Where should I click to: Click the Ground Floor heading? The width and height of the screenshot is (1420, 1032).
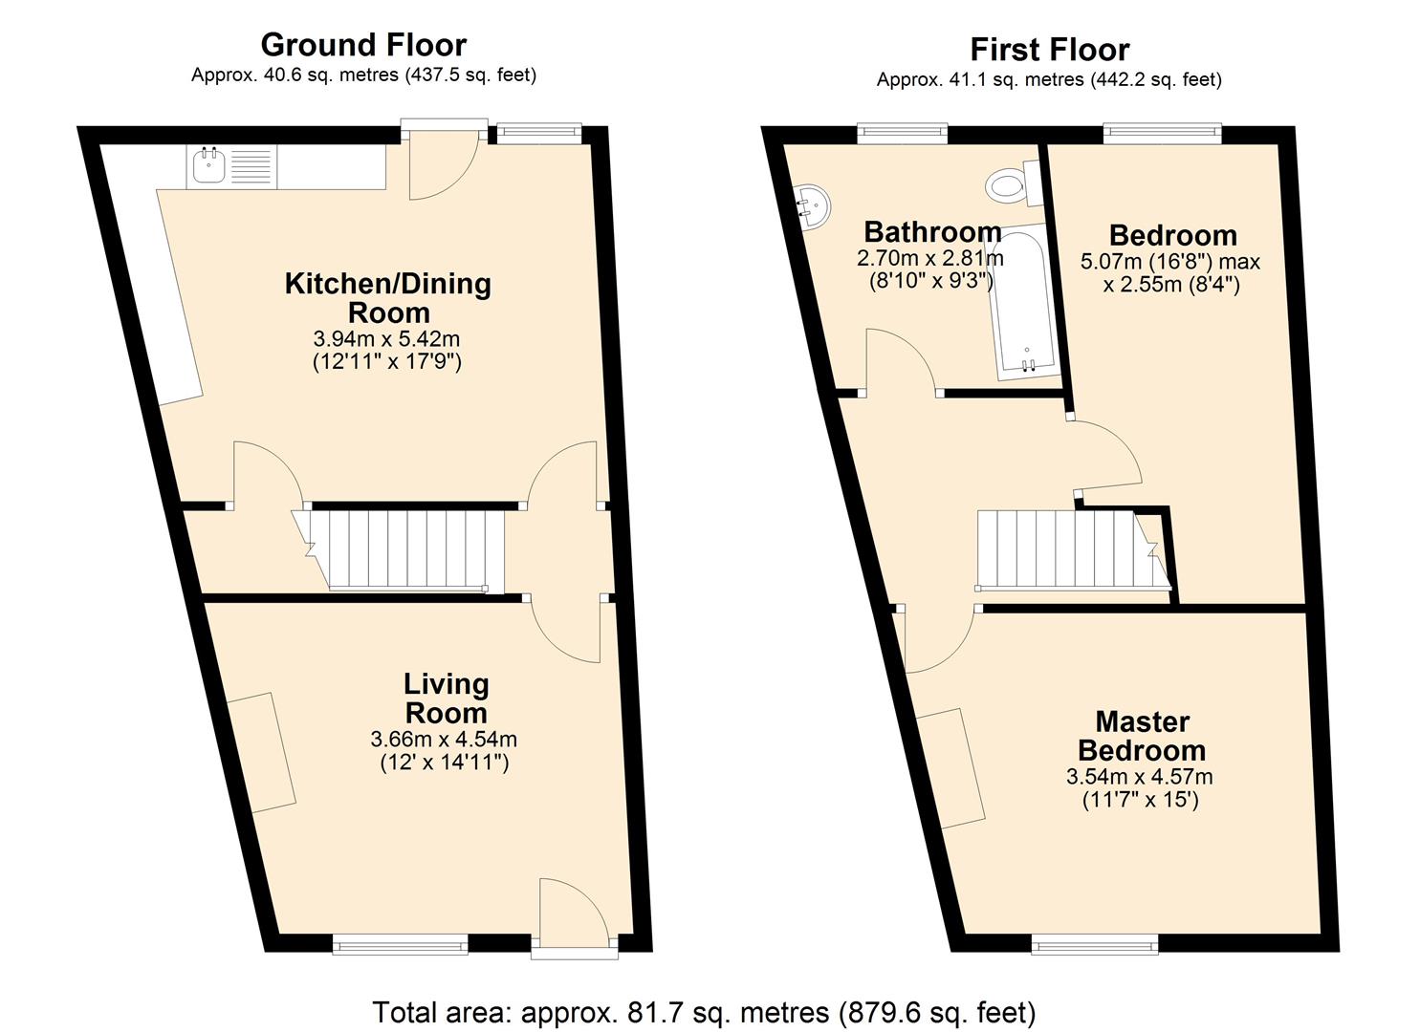coord(363,45)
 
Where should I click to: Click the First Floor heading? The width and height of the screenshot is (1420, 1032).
coord(1049,49)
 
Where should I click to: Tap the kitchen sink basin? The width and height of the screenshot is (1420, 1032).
coord(208,166)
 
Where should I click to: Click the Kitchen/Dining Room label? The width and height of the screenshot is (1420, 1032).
coord(388,298)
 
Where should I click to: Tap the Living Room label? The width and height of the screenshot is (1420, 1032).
coord(446,699)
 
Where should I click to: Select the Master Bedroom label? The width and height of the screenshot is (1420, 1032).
coord(1142,736)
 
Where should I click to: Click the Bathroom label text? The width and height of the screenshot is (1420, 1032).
coord(932,231)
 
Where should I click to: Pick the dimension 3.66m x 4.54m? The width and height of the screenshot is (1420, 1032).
coord(444,739)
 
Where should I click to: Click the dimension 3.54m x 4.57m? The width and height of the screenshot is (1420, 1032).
coord(1140,777)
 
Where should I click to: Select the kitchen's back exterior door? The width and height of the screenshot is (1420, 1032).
coord(442,162)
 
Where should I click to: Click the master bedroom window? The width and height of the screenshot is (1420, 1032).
coord(1095,945)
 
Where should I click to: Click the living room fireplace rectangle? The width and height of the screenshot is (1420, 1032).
coord(261,752)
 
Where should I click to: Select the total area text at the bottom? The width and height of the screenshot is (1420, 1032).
coord(704,1012)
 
